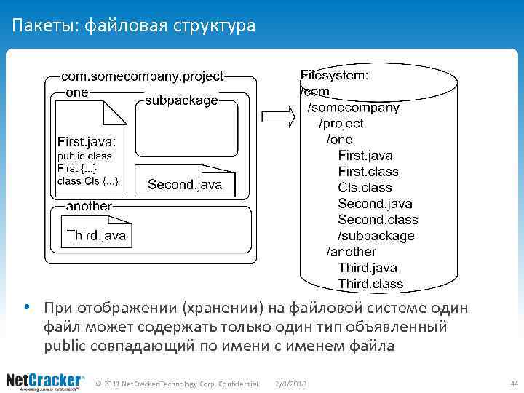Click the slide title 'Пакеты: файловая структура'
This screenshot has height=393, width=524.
134,27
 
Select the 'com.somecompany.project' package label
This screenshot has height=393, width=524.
142,76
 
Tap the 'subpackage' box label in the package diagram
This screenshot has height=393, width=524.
181,100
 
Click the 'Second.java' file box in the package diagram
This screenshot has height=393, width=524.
185,185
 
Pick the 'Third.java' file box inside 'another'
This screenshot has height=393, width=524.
96,234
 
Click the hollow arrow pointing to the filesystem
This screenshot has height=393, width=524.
277,116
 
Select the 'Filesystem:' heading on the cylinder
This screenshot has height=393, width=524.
334,75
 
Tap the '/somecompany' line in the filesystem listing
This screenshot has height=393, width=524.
354,107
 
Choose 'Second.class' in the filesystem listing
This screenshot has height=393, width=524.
378,220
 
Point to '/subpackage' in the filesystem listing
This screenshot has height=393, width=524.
376,236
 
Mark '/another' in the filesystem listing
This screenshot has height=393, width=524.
351,252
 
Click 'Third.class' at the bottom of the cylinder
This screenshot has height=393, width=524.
370,284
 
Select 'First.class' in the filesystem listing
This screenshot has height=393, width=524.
368,172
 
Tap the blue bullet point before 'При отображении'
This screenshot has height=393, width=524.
26,306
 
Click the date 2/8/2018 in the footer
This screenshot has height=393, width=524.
291,383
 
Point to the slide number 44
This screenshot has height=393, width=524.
514,383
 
